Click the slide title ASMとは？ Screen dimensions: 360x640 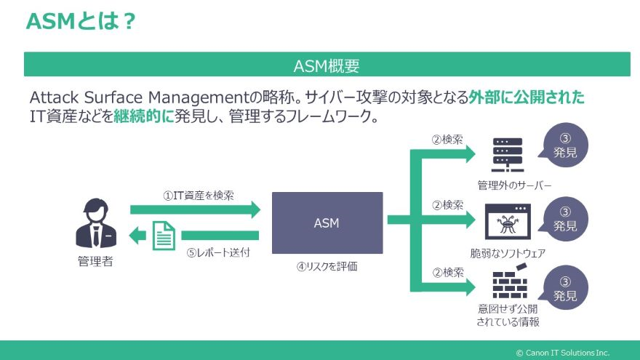[x=80, y=22]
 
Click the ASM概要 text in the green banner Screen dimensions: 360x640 [x=327, y=65]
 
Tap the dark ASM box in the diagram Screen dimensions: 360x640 [x=327, y=223]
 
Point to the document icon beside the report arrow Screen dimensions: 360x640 [x=164, y=234]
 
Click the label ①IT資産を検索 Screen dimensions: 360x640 [x=199, y=196]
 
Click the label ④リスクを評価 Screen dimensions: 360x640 [x=327, y=266]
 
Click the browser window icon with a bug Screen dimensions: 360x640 [x=507, y=222]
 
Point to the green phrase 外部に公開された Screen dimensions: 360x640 [x=527, y=97]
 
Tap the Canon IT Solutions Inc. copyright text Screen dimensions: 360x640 [x=562, y=352]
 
